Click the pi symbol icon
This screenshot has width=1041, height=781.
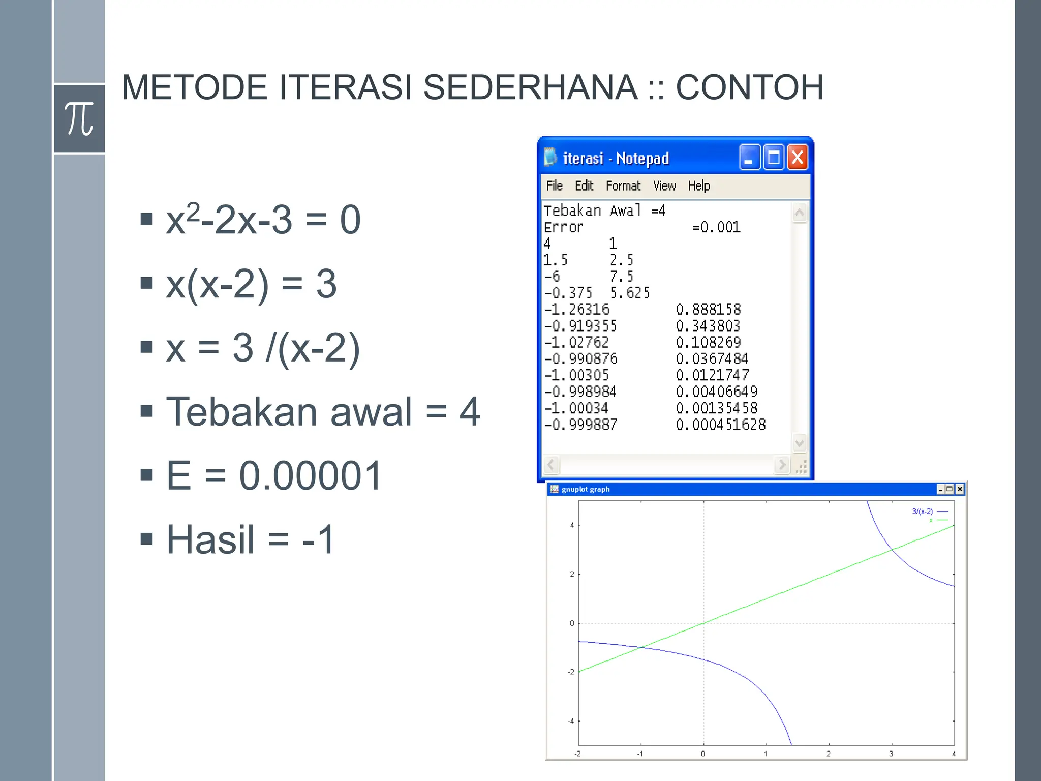pos(79,119)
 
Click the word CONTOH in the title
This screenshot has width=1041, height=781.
pos(749,87)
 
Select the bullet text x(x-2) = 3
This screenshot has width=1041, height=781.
pos(251,284)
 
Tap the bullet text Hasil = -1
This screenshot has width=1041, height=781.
pos(250,539)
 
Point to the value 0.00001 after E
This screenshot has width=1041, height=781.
pos(310,476)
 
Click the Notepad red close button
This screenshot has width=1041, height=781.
pos(798,158)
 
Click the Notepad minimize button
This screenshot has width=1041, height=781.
pos(749,158)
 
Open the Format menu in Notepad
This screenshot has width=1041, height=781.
pos(623,186)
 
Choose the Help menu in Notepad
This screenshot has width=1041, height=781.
pos(699,186)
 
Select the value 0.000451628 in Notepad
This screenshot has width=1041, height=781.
pos(720,425)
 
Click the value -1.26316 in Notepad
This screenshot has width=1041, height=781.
pos(577,309)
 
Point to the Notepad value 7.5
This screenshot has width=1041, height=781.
pos(622,277)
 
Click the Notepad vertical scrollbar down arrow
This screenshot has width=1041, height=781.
pos(799,443)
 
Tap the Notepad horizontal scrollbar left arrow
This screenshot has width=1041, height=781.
pos(551,464)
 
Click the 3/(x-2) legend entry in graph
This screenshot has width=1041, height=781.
pos(923,512)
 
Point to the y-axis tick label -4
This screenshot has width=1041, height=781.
pos(571,721)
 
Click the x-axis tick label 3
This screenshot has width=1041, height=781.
pos(891,754)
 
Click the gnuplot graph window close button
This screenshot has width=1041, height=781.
pos(960,489)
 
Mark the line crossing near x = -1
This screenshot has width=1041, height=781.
pos(641,647)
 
